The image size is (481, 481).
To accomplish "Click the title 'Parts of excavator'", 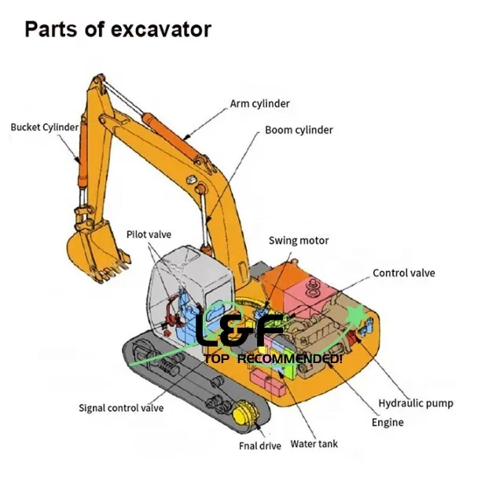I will [118, 31].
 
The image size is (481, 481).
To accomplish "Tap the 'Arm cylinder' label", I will [259, 103].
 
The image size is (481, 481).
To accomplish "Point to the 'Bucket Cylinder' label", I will [44, 127].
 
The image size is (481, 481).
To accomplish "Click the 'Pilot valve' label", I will [149, 234].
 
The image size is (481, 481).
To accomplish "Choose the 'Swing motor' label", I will [299, 240].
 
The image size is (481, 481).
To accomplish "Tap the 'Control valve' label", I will [403, 274].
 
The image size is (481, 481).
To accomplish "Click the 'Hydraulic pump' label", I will [416, 403].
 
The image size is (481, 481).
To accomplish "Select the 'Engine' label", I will [387, 422].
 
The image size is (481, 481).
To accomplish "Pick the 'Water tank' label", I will [314, 444].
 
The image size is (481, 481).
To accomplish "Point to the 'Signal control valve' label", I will [121, 407].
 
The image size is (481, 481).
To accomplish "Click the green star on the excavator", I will [358, 317].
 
